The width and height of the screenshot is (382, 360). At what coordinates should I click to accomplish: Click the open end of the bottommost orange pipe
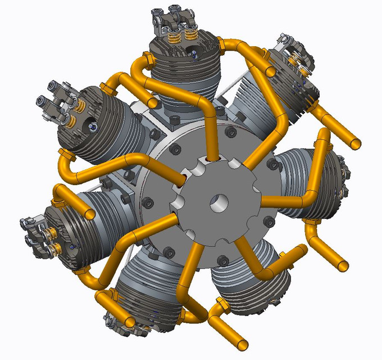tap(242, 344)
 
